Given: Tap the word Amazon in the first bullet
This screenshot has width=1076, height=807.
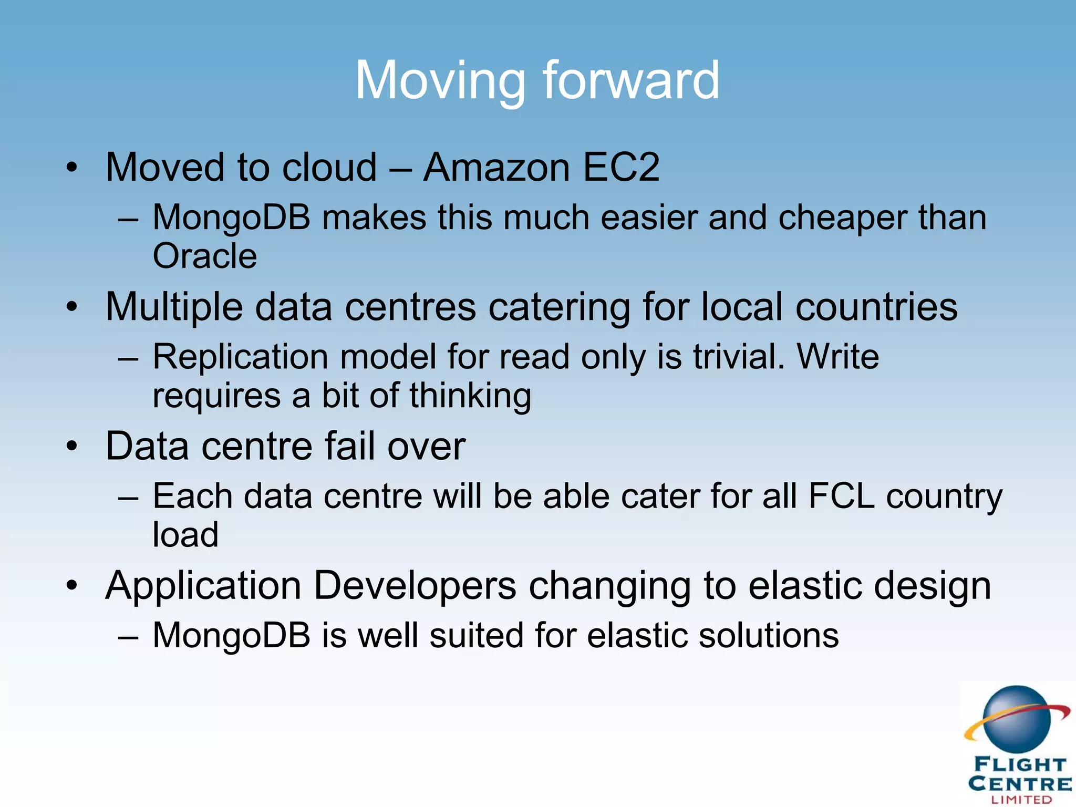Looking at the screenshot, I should click(496, 168).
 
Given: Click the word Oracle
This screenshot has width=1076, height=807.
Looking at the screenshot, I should click(205, 256).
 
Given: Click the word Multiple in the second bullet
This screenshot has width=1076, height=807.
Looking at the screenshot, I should click(174, 307).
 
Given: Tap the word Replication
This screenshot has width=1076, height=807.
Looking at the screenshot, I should click(240, 357).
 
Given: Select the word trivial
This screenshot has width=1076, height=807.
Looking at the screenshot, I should click(738, 357).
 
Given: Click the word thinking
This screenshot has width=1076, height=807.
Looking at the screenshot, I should click(470, 396).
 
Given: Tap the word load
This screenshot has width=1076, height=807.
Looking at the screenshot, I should click(185, 535).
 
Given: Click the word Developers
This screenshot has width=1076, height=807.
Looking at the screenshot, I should click(415, 585).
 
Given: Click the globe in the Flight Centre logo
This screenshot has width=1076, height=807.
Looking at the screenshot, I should click(1017, 719).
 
